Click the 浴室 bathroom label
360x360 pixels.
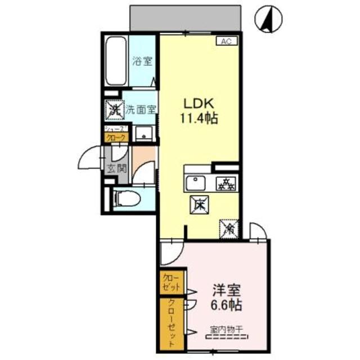click(141, 62)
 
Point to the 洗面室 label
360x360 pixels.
click(140, 110)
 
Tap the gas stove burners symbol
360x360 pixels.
click(227, 183)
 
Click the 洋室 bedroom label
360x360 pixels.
click(227, 291)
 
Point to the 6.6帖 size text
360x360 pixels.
click(227, 307)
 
